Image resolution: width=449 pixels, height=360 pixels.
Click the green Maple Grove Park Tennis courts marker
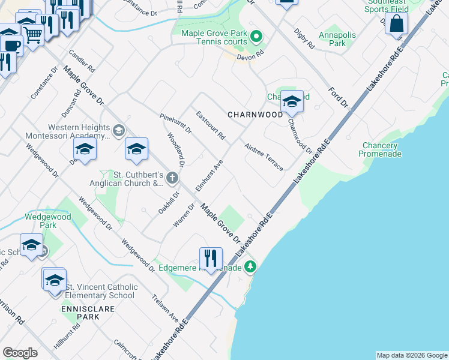click(256, 37)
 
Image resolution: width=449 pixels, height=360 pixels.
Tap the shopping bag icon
click(396, 25)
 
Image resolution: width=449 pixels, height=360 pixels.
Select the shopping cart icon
click(32, 35)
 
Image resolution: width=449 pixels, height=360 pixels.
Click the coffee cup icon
click(11, 44)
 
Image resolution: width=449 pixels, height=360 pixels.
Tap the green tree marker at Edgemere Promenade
click(250, 267)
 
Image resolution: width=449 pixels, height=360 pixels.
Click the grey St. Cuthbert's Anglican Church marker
click(172, 177)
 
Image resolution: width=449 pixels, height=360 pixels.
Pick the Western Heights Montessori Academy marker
click(119, 130)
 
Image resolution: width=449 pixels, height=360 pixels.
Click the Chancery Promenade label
click(379, 149)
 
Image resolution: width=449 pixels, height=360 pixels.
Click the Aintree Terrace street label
click(264, 157)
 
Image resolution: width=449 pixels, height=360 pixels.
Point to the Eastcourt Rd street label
click(211, 125)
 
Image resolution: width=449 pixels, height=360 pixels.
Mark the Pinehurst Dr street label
click(175, 123)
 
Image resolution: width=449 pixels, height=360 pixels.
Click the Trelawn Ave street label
click(165, 307)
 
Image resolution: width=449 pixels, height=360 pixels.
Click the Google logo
click(20, 353)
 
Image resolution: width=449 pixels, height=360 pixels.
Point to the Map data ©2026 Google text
click(411, 355)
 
